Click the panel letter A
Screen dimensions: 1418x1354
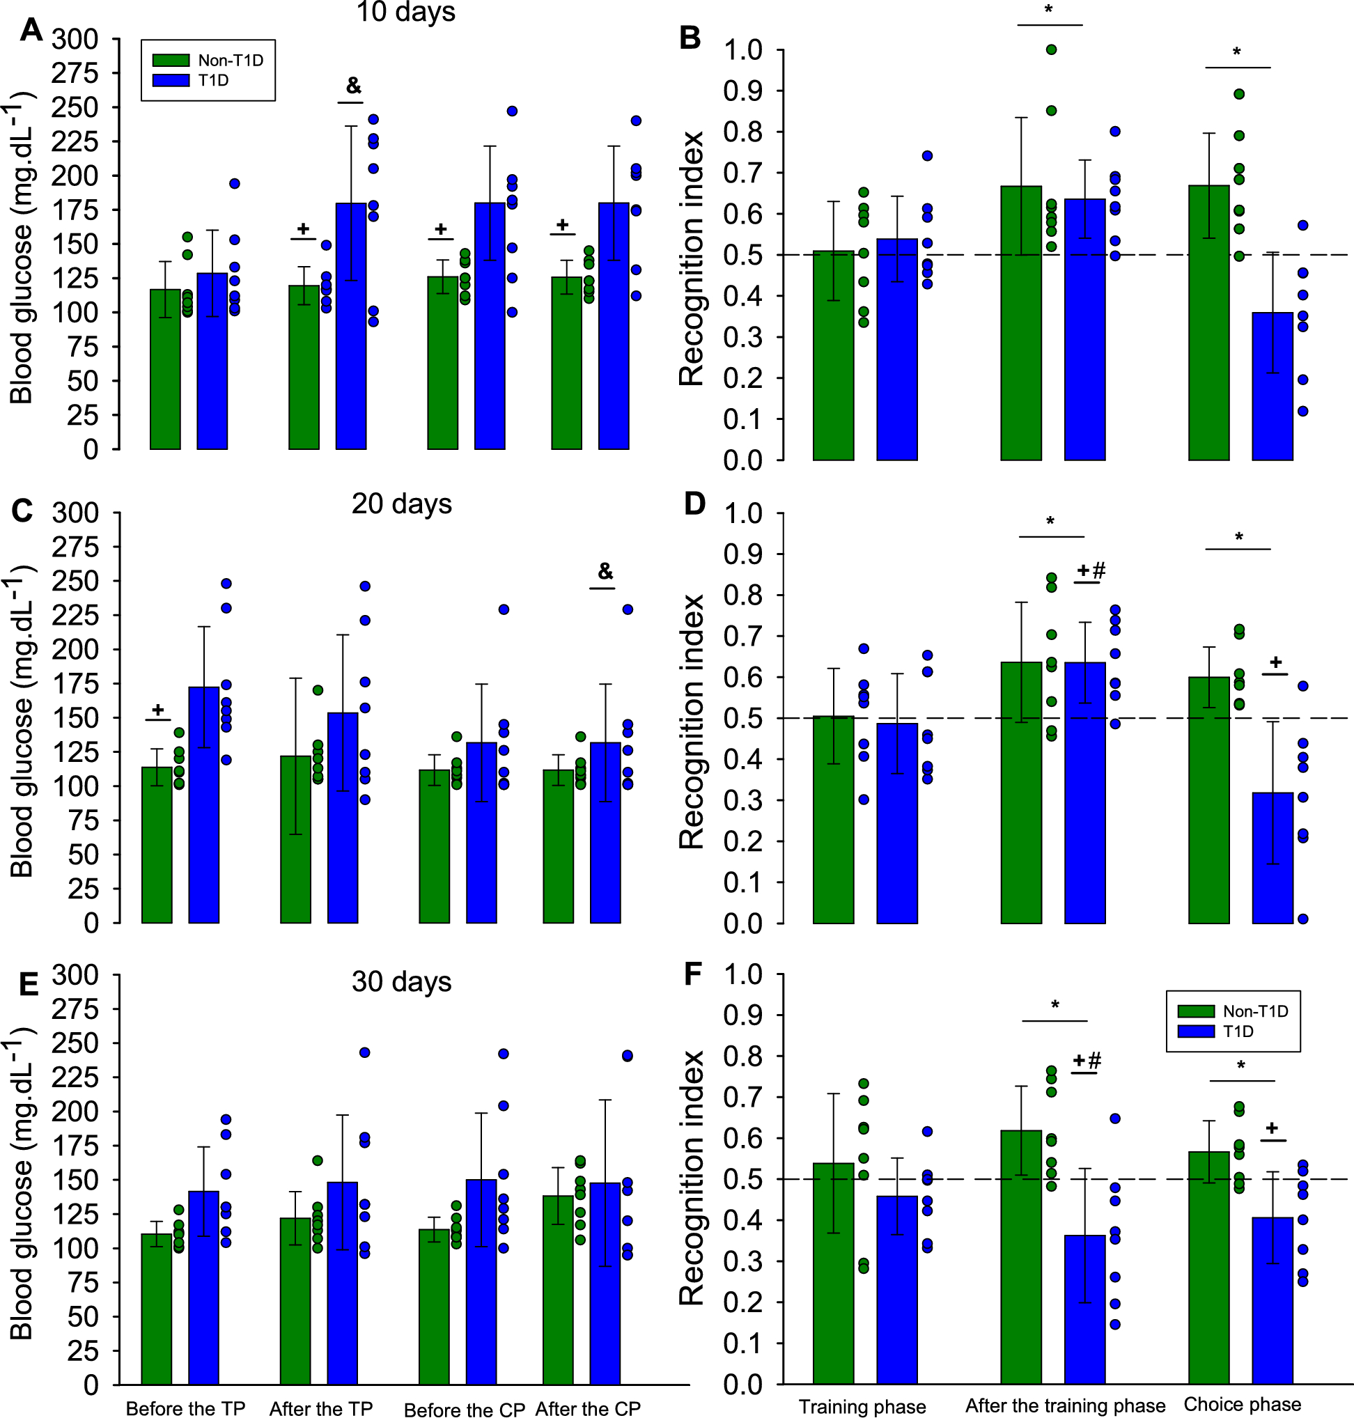pos(31,31)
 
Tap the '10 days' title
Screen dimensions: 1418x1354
pos(405,13)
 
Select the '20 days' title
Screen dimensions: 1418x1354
pos(401,504)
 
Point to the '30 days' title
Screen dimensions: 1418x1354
pos(401,982)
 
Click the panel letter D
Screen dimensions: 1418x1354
pos(694,504)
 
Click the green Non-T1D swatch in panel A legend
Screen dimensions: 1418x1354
pos(171,61)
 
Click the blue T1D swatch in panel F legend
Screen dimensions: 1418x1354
pos(1195,1031)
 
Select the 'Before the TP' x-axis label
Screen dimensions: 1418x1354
pos(185,1409)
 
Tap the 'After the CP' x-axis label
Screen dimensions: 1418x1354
pos(588,1409)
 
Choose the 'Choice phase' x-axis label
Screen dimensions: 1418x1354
pos(1242,1404)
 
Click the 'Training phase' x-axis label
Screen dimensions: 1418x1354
pos(862,1406)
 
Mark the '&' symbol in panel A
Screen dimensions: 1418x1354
pos(354,86)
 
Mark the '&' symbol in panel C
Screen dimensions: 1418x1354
pos(605,572)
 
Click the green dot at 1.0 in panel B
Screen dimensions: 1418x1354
pos(1052,49)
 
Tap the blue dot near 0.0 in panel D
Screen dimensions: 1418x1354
pos(1302,919)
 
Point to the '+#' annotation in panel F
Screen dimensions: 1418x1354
pos(1087,1061)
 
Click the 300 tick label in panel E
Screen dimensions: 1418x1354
pos(75,975)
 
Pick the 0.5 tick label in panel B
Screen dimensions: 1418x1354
pos(743,255)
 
